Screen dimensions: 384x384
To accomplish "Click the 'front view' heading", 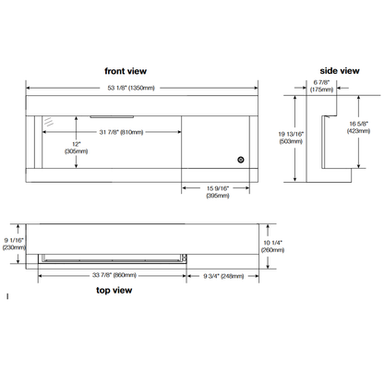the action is [x=126, y=71].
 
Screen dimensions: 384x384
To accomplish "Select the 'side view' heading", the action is [x=340, y=71].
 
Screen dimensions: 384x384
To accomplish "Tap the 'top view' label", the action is [x=114, y=290].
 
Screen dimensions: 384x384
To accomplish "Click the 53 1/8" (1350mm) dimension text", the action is [x=131, y=88].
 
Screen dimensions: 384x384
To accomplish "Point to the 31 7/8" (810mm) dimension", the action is [x=121, y=132].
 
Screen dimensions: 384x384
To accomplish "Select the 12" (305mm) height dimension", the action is [x=76, y=148].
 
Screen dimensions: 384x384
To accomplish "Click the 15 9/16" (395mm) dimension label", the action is [x=218, y=192].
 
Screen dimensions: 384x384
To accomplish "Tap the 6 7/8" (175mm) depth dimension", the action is [x=321, y=86].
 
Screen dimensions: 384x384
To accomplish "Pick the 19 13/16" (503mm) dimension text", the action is [x=291, y=138].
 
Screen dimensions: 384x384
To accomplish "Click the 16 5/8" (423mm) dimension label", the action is [x=358, y=127].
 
